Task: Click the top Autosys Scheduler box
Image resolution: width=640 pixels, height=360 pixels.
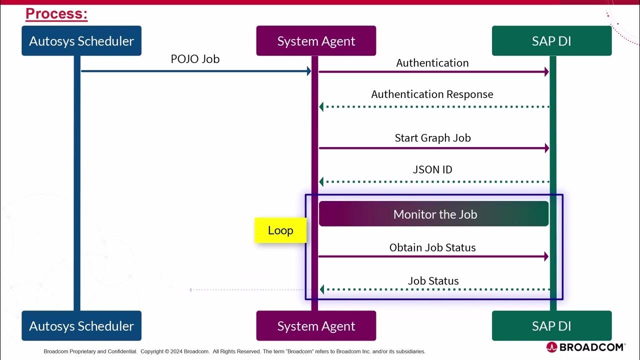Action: point(81,41)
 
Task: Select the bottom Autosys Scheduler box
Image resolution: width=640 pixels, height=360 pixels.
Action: point(81,326)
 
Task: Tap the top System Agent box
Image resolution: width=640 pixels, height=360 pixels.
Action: point(316,41)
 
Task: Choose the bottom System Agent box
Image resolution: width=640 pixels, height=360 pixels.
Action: point(316,326)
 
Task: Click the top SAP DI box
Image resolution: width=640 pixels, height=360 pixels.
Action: point(551,41)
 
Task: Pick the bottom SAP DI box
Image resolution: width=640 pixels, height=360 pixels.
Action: point(551,326)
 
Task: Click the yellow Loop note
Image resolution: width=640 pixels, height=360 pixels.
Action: point(280,230)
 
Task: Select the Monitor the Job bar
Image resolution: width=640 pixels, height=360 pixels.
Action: point(433,214)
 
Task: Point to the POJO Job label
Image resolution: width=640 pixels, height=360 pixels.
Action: point(195,59)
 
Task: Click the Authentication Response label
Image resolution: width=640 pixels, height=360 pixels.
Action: point(432,94)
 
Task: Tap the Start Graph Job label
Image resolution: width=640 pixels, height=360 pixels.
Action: point(432,138)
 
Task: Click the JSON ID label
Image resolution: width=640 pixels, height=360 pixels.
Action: point(432,169)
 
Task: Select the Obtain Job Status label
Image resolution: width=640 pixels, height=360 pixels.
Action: point(432,247)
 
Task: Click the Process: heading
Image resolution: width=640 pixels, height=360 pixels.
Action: point(56,14)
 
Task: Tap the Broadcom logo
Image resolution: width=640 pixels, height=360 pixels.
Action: point(585,347)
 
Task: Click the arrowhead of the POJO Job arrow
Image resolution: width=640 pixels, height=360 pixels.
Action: point(309,71)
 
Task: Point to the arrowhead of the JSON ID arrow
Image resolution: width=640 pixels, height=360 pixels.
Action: point(322,182)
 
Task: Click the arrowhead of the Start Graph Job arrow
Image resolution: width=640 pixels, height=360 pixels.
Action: point(546,148)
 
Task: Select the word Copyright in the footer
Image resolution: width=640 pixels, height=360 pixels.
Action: point(152,351)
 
